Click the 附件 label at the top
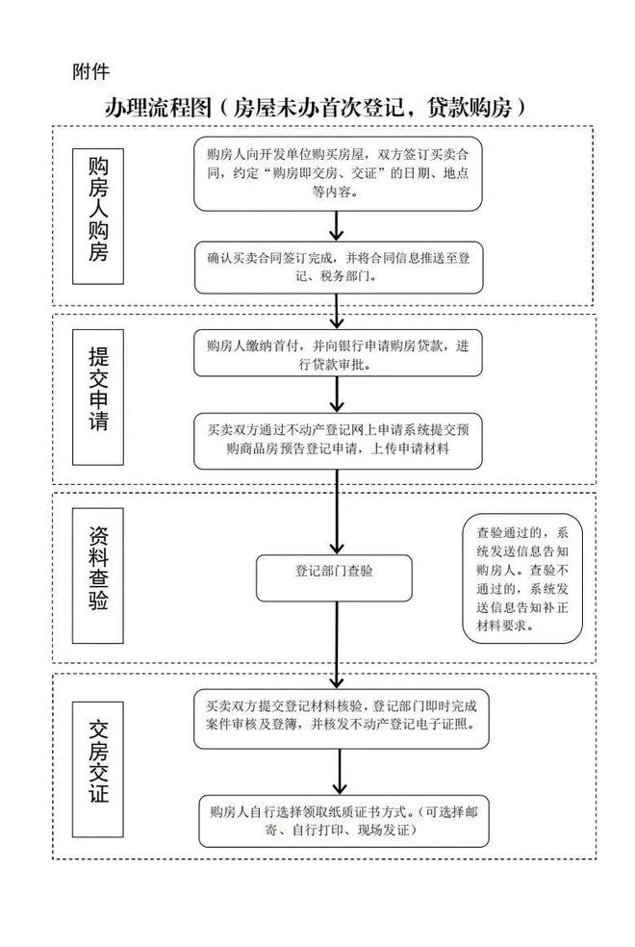90,71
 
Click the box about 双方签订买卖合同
337,173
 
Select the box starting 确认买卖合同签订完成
337,267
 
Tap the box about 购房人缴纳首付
337,355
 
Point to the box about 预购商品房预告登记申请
337,440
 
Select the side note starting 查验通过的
523,578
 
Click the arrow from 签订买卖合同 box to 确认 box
337,225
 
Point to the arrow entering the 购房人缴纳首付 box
337,312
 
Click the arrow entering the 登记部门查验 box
337,511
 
